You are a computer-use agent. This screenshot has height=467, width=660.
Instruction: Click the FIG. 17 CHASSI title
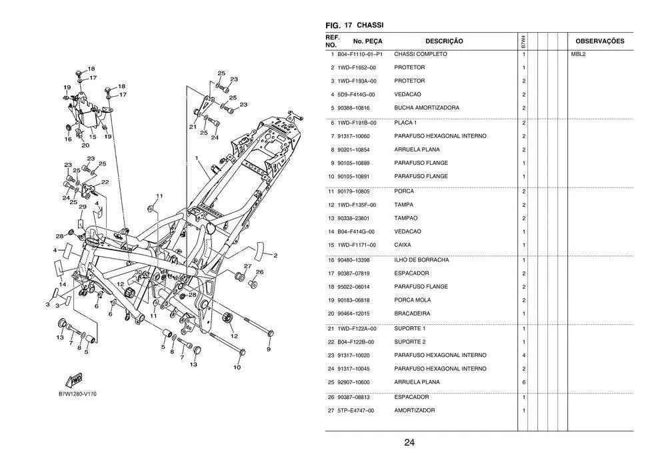pos(354,25)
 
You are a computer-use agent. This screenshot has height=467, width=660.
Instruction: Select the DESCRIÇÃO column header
pos(443,41)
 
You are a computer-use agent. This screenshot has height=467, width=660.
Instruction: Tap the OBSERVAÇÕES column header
pos(599,41)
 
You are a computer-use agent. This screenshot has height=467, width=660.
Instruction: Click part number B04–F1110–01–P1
pos(359,54)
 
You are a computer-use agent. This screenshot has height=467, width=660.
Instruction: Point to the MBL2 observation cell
pos(577,54)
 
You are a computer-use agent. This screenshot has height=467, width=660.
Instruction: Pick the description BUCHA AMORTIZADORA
pos(426,108)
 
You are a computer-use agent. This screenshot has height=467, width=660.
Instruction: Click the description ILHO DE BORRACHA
pos(421,260)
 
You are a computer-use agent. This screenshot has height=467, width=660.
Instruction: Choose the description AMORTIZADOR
pos(414,410)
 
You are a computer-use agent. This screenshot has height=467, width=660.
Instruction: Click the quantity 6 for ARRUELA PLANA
pos(523,382)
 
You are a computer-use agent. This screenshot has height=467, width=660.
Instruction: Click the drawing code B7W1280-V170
pos(77,394)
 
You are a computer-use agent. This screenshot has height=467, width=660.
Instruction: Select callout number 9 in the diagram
pos(269,348)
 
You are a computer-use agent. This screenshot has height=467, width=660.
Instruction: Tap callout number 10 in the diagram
pos(237,367)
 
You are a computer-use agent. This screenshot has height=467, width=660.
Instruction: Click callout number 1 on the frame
pos(197,158)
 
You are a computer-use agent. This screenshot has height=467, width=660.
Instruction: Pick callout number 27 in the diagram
pos(247,266)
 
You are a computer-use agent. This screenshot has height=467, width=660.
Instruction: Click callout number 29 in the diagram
pos(82,207)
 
